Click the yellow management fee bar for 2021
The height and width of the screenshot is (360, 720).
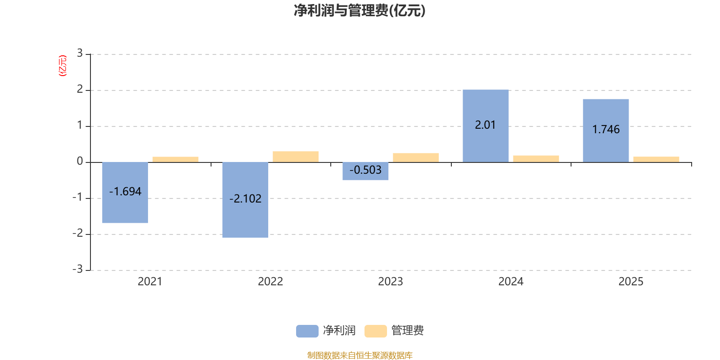click(175, 159)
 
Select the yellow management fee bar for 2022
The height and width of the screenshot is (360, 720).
click(296, 157)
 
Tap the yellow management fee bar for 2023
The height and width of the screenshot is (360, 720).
click(416, 157)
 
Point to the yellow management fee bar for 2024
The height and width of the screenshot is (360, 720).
click(536, 158)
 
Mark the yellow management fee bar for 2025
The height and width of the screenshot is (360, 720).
click(656, 159)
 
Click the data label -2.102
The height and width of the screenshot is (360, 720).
click(245, 198)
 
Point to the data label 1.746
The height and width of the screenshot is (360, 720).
click(606, 130)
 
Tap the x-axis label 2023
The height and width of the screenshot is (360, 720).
click(390, 282)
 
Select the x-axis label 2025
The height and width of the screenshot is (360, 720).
click(630, 282)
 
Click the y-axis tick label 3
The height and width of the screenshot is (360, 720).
click(80, 54)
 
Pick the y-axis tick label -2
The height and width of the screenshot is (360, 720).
click(78, 233)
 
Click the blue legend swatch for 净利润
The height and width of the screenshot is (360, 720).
click(307, 331)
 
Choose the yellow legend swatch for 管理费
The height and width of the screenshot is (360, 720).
click(375, 331)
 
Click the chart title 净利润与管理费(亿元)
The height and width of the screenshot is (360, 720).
click(360, 11)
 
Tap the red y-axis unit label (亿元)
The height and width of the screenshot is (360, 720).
click(63, 66)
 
